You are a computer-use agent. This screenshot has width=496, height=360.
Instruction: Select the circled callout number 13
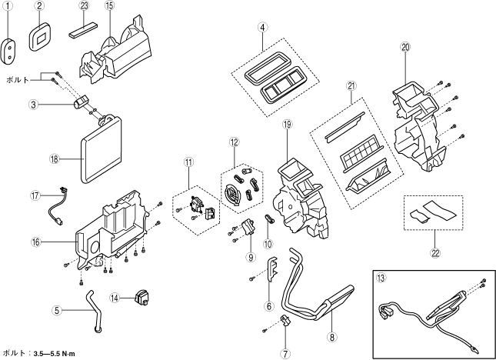pyautogui.click(x=379, y=279)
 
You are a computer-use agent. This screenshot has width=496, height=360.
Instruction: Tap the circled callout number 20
pyautogui.click(x=405, y=48)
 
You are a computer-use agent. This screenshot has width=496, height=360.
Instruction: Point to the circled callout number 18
pyautogui.click(x=54, y=159)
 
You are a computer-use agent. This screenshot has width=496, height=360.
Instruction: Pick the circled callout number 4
pyautogui.click(x=263, y=28)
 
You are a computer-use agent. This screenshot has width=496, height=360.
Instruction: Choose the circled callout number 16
pyautogui.click(x=35, y=242)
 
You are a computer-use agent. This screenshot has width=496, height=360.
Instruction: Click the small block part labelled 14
pyautogui.click(x=141, y=296)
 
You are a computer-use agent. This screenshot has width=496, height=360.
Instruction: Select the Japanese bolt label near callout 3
pyautogui.click(x=18, y=79)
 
